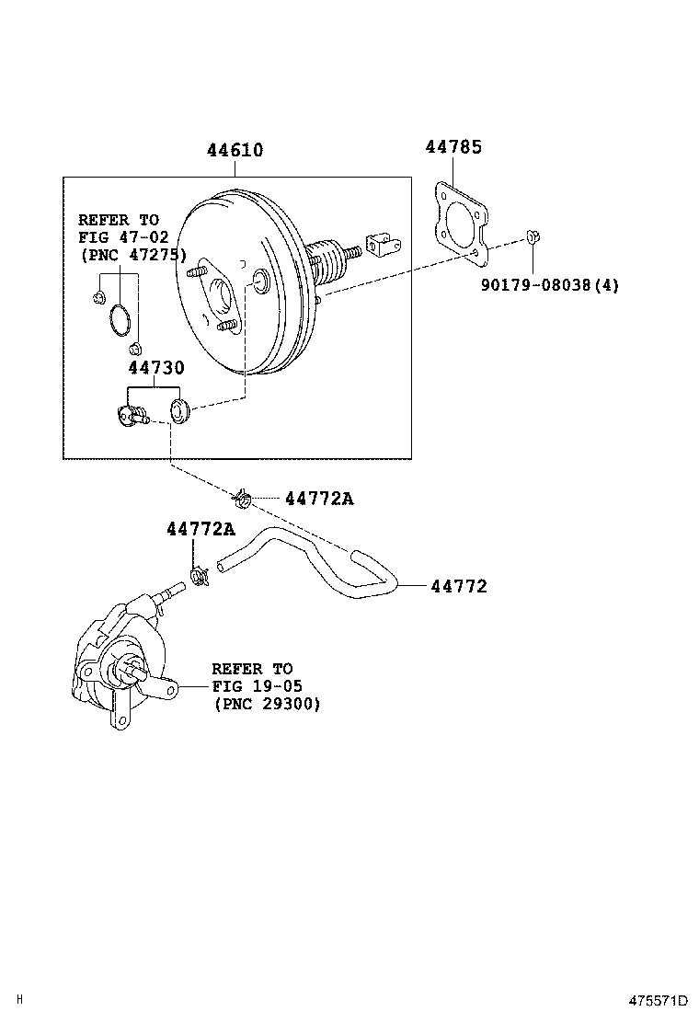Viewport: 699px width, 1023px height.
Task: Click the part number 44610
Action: click(x=234, y=150)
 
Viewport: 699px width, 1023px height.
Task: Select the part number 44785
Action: click(x=453, y=146)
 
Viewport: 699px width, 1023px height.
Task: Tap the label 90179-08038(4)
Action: click(x=549, y=285)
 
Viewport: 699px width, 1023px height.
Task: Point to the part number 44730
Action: click(x=155, y=368)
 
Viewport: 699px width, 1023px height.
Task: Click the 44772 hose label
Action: click(x=458, y=586)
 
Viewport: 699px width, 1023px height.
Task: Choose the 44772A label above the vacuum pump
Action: click(x=200, y=529)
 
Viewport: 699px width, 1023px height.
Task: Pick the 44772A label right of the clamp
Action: click(x=318, y=499)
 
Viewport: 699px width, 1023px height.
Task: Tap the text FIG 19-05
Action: click(x=257, y=686)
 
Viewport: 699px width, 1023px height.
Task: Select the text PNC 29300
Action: click(x=267, y=704)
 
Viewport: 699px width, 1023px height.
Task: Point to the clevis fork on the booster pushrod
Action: click(x=378, y=246)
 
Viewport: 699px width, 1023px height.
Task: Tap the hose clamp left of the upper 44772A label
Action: click(x=244, y=500)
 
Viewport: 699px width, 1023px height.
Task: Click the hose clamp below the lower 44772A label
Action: click(x=199, y=577)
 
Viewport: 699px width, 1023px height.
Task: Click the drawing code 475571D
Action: click(x=658, y=1000)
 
